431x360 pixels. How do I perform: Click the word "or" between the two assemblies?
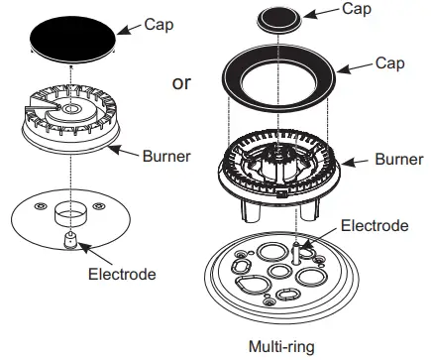click(181, 83)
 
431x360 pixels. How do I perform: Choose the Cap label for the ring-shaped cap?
click(389, 62)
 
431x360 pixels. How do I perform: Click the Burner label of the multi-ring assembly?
click(400, 159)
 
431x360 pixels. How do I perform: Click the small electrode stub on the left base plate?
click(70, 241)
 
